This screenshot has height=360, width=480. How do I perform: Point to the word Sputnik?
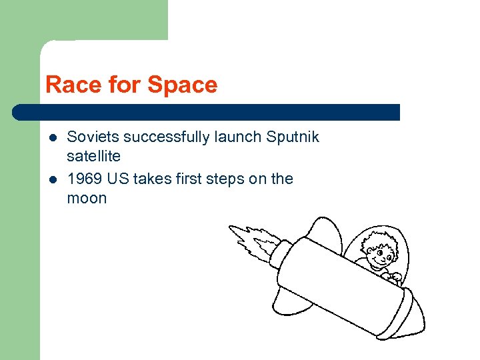[x=293, y=137]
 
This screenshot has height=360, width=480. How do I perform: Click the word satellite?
[x=94, y=156]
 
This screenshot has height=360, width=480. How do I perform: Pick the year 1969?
[x=82, y=179]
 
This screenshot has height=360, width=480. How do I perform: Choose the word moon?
[x=87, y=198]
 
